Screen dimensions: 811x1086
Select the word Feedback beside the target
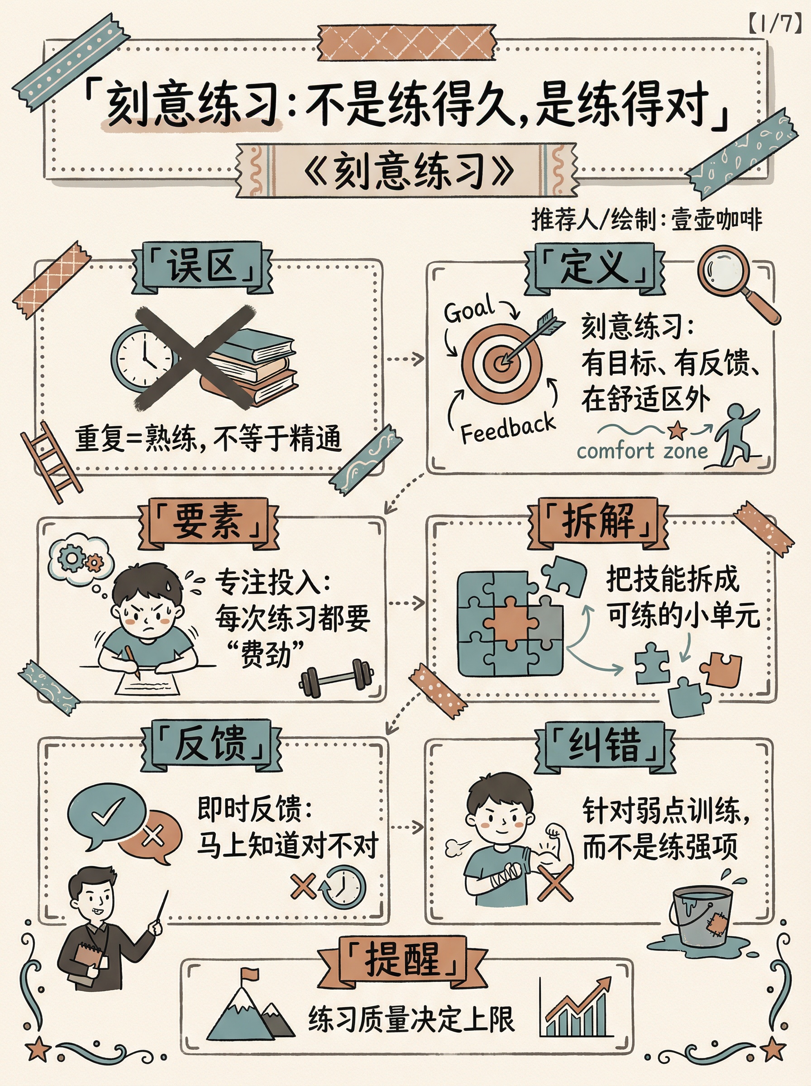(508, 428)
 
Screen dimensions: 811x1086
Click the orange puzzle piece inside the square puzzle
(510, 622)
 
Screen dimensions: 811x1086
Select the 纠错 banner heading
(605, 744)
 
